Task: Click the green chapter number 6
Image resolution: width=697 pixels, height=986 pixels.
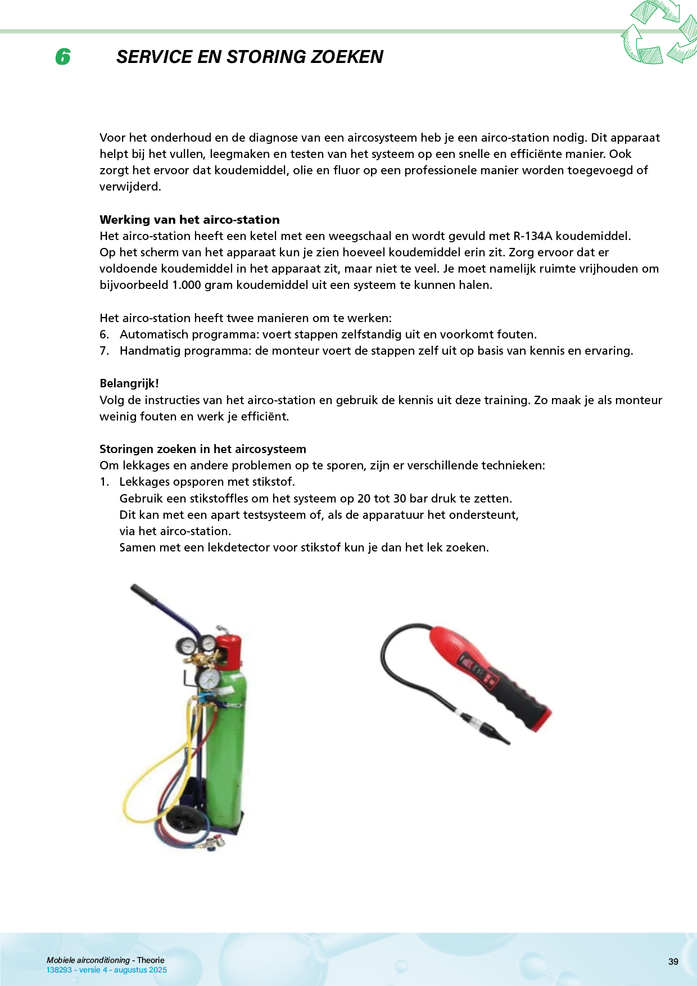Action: click(63, 57)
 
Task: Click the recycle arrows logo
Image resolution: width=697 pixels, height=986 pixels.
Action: click(658, 32)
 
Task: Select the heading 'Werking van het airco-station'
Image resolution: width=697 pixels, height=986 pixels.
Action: click(189, 220)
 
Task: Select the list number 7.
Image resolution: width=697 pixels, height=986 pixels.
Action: click(104, 351)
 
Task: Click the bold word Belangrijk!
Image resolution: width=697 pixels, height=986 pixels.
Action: click(129, 383)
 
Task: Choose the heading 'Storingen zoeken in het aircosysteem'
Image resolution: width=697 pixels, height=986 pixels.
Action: click(203, 449)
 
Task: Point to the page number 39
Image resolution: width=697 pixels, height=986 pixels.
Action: click(673, 962)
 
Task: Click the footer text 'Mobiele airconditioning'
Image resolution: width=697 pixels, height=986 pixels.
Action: click(88, 960)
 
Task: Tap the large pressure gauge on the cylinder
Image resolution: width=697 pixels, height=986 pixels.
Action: click(208, 679)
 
